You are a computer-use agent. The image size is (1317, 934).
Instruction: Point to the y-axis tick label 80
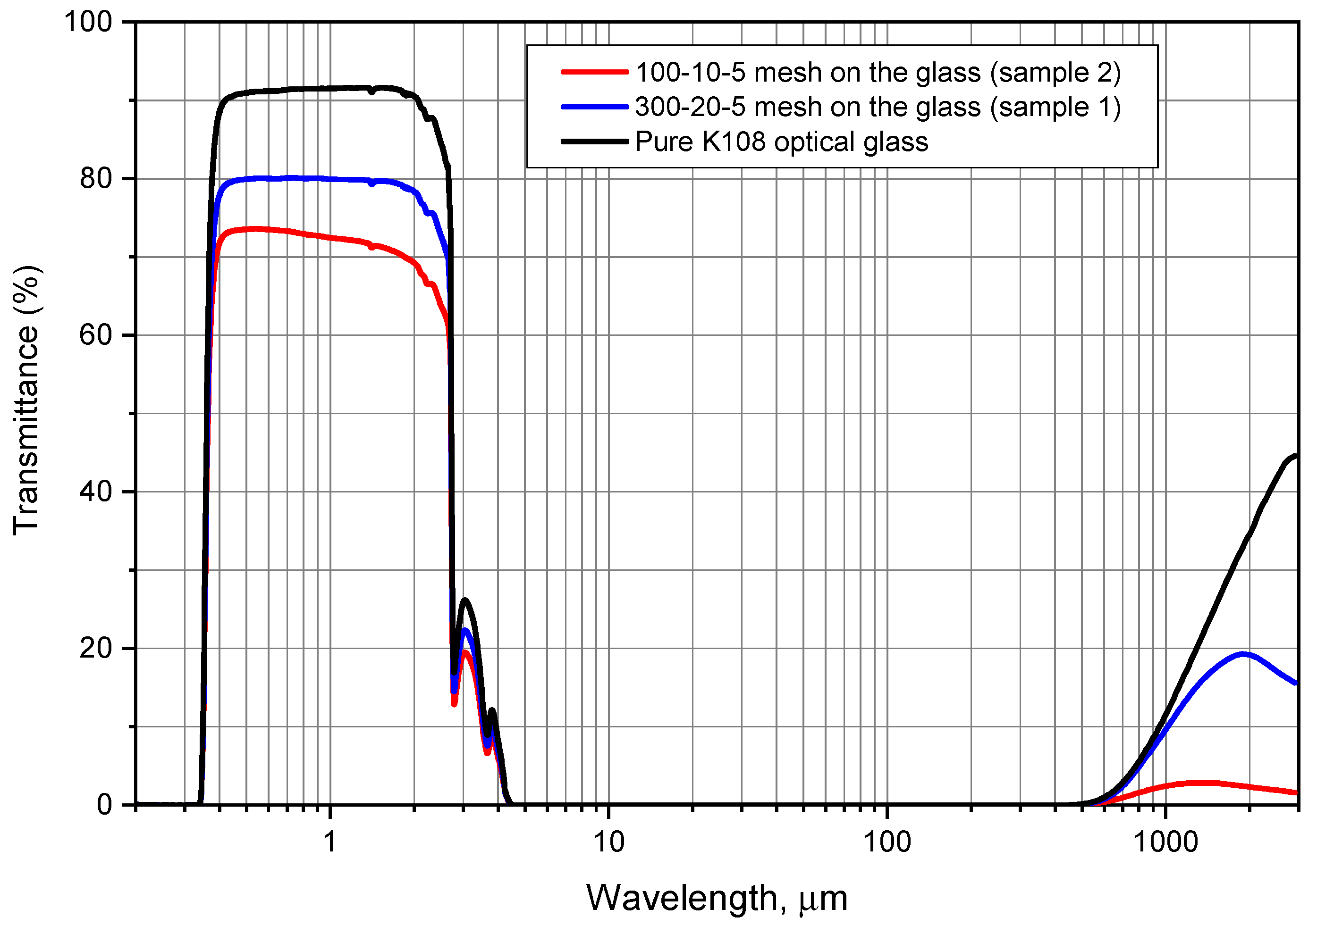point(96,179)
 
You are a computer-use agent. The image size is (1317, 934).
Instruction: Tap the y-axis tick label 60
point(96,335)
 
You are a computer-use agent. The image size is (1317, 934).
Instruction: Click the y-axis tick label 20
point(96,649)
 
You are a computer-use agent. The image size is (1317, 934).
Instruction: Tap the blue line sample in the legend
point(594,107)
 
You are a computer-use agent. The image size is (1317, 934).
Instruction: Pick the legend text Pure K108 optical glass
point(781,142)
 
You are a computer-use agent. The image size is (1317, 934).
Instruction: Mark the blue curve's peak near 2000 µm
point(1243,654)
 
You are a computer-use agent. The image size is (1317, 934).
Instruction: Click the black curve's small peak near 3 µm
point(465,600)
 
